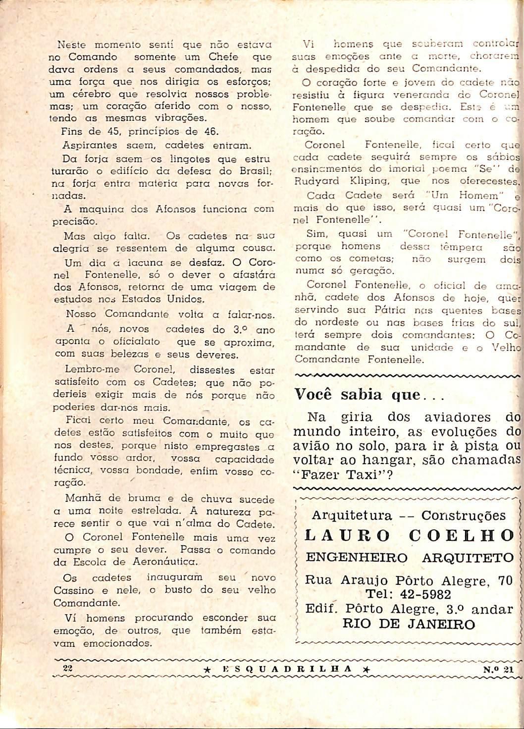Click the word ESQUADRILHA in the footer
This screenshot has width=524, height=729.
click(x=287, y=669)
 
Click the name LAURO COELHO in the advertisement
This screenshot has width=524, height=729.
click(x=410, y=536)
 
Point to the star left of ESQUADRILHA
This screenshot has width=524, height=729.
click(x=209, y=669)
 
